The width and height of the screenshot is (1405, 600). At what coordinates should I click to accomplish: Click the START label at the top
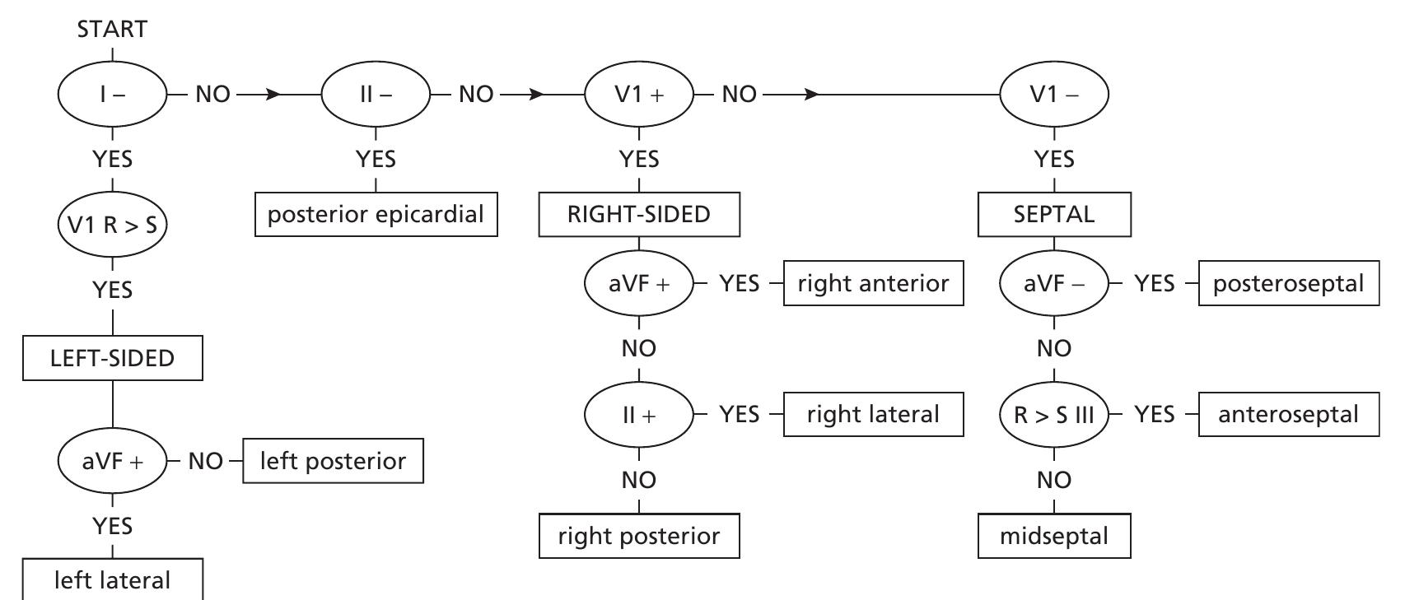tap(112, 30)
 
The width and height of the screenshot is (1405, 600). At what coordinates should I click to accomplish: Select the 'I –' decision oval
tap(112, 95)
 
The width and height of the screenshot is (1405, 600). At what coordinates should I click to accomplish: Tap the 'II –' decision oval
tap(376, 95)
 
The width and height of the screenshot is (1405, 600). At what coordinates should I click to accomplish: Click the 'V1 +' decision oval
tap(639, 95)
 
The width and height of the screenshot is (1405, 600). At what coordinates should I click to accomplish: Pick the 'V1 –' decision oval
tap(1054, 95)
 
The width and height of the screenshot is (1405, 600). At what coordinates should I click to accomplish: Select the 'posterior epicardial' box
tap(376, 215)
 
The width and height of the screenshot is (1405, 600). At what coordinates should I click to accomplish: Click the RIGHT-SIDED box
tap(639, 215)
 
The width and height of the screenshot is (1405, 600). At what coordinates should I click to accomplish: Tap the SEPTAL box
tap(1054, 215)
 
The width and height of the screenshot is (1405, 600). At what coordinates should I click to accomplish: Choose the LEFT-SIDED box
tap(112, 358)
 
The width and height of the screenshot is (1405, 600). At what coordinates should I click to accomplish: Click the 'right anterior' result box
tap(873, 284)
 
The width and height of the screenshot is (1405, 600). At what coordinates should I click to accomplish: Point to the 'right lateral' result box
tap(873, 414)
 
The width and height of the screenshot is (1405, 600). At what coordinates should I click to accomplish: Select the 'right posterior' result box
tap(639, 537)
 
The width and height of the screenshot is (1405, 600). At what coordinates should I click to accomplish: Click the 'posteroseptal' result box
tap(1288, 284)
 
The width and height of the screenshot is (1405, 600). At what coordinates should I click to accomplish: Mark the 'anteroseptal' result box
tap(1288, 414)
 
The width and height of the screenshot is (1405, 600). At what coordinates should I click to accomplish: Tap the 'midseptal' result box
tap(1054, 537)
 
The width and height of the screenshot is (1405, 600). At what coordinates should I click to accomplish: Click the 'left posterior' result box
tap(333, 461)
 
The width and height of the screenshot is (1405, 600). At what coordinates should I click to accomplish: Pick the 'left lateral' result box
tap(112, 580)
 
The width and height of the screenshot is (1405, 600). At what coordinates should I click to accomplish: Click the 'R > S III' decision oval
tap(1054, 414)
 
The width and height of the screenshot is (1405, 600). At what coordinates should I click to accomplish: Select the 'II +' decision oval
tap(639, 414)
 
